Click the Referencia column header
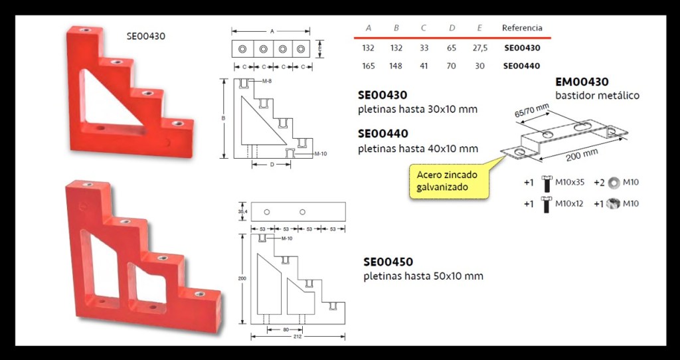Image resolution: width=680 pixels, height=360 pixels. [x=522, y=28]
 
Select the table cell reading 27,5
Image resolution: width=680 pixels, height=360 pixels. [x=480, y=48]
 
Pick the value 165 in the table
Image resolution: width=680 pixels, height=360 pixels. [x=368, y=66]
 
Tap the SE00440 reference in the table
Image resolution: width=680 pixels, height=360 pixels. [x=522, y=66]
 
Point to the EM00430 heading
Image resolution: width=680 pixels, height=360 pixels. [x=582, y=82]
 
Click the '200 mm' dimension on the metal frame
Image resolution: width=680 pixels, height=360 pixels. [x=582, y=154]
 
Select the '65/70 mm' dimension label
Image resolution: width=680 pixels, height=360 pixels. [x=532, y=111]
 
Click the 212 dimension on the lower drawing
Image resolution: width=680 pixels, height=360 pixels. [x=298, y=337]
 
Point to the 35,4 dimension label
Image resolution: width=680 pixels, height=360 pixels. [x=243, y=212]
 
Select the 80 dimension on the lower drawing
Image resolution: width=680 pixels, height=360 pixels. [x=286, y=330]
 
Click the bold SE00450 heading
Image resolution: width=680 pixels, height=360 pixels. [x=388, y=262]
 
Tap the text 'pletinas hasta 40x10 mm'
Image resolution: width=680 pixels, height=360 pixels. [x=418, y=149]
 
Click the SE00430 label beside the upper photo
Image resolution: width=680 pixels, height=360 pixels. [x=145, y=37]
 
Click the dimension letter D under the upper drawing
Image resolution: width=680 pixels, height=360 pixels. [x=272, y=165]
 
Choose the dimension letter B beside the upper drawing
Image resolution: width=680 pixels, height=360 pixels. [x=224, y=118]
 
